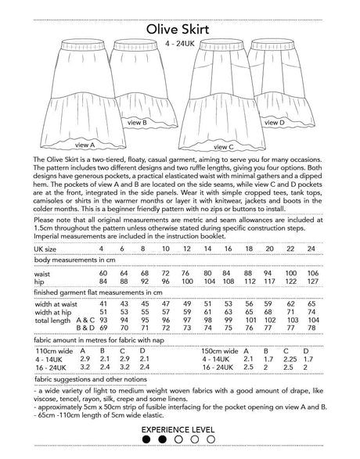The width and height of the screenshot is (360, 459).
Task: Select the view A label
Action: coord(84,145)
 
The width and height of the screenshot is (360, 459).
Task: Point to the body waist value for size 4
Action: coord(103,273)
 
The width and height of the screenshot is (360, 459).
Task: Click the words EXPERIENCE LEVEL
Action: coord(179,430)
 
